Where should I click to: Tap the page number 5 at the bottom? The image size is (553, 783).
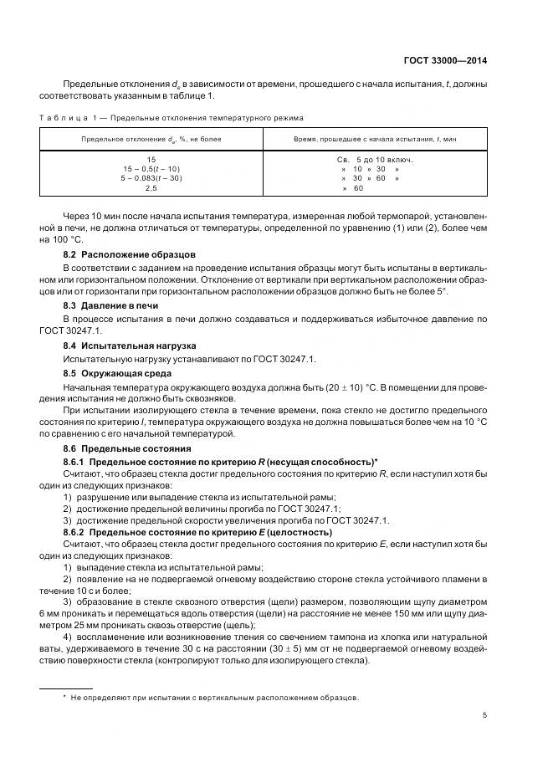pos(484,715)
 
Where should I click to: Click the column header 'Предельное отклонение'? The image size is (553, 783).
pos(151,139)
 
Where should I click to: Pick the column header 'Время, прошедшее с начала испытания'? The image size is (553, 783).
pos(376,139)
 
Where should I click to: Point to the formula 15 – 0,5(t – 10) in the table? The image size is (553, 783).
pos(151,168)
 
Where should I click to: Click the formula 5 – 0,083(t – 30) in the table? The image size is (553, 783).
pos(151,178)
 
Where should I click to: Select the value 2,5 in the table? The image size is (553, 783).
pos(151,188)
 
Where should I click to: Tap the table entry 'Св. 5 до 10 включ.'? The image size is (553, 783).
pos(376,159)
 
